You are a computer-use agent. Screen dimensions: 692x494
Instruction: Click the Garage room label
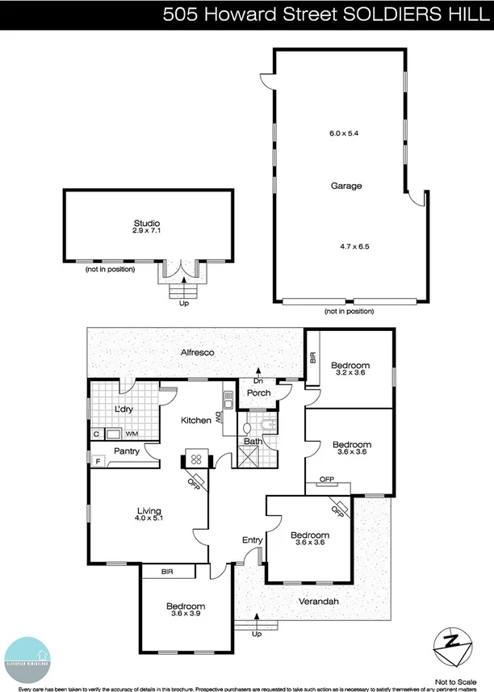[x=345, y=186]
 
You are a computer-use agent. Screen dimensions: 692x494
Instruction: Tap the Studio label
[x=147, y=223]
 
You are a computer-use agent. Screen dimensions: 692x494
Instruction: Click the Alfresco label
[x=196, y=353]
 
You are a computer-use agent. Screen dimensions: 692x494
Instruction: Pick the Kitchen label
[x=195, y=421]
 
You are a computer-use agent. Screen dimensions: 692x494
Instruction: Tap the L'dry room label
[x=123, y=410]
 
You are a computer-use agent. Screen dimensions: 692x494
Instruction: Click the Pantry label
[x=127, y=451]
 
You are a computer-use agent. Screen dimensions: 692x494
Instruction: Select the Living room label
[x=149, y=511]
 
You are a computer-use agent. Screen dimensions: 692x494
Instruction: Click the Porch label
[x=258, y=393]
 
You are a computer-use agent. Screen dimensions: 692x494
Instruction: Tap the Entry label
[x=252, y=540]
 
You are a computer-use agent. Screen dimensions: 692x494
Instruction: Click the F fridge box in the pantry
[x=98, y=462]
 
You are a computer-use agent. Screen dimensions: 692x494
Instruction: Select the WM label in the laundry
[x=131, y=434]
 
